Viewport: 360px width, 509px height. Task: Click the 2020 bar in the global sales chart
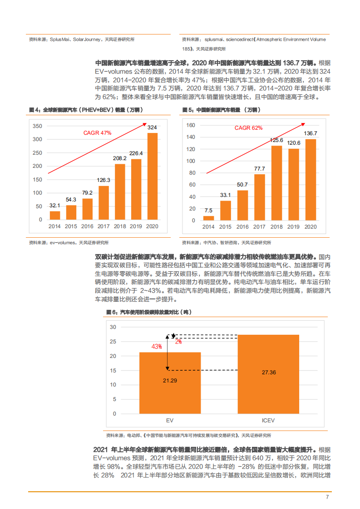tap(153, 176)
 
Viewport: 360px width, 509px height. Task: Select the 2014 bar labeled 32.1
tap(55, 215)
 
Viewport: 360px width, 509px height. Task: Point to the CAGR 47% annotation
tap(97, 133)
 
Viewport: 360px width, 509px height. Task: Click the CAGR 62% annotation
tap(248, 128)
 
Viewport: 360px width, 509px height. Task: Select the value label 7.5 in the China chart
tap(208, 210)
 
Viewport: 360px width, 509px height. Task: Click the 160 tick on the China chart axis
tap(191, 125)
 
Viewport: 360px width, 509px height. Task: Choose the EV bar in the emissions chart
tap(170, 383)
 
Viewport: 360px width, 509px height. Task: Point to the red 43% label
tap(157, 347)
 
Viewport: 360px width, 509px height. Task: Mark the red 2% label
tap(178, 341)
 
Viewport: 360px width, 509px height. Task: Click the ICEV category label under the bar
tap(268, 421)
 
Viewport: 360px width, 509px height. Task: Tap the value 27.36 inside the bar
tap(268, 372)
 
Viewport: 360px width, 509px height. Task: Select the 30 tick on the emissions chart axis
tap(113, 327)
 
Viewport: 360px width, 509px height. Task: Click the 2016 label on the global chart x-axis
tap(87, 226)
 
